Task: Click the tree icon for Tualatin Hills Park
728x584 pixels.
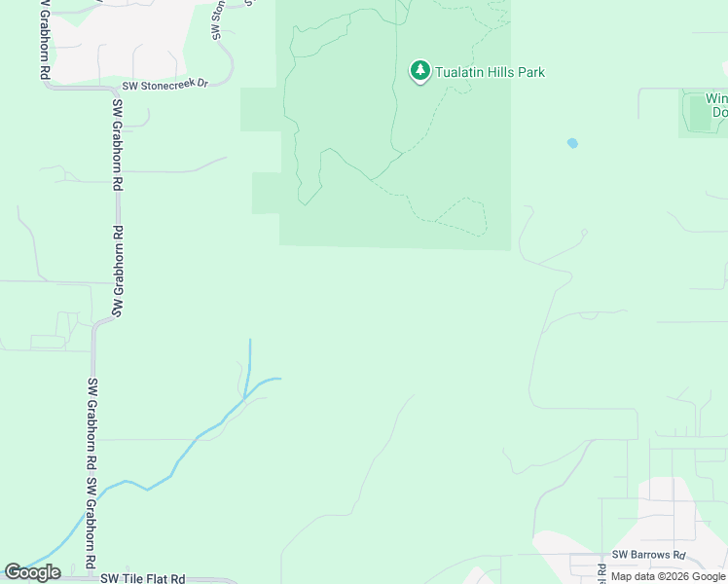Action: pyautogui.click(x=419, y=70)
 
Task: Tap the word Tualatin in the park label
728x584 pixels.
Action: pyautogui.click(x=461, y=72)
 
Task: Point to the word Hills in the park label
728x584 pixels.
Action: pyautogui.click(x=506, y=72)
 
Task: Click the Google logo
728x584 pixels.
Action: pyautogui.click(x=32, y=572)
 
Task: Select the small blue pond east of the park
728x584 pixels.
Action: pyautogui.click(x=572, y=143)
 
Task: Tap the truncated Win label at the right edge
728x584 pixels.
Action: pyautogui.click(x=716, y=98)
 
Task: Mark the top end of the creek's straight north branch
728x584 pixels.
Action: pyautogui.click(x=250, y=341)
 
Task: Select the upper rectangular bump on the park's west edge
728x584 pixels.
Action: pyautogui.click(x=260, y=109)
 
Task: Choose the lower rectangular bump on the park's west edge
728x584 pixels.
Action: pyautogui.click(x=266, y=193)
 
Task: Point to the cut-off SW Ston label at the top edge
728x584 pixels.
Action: pyautogui.click(x=217, y=19)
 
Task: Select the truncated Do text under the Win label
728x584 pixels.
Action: pyautogui.click(x=719, y=112)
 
